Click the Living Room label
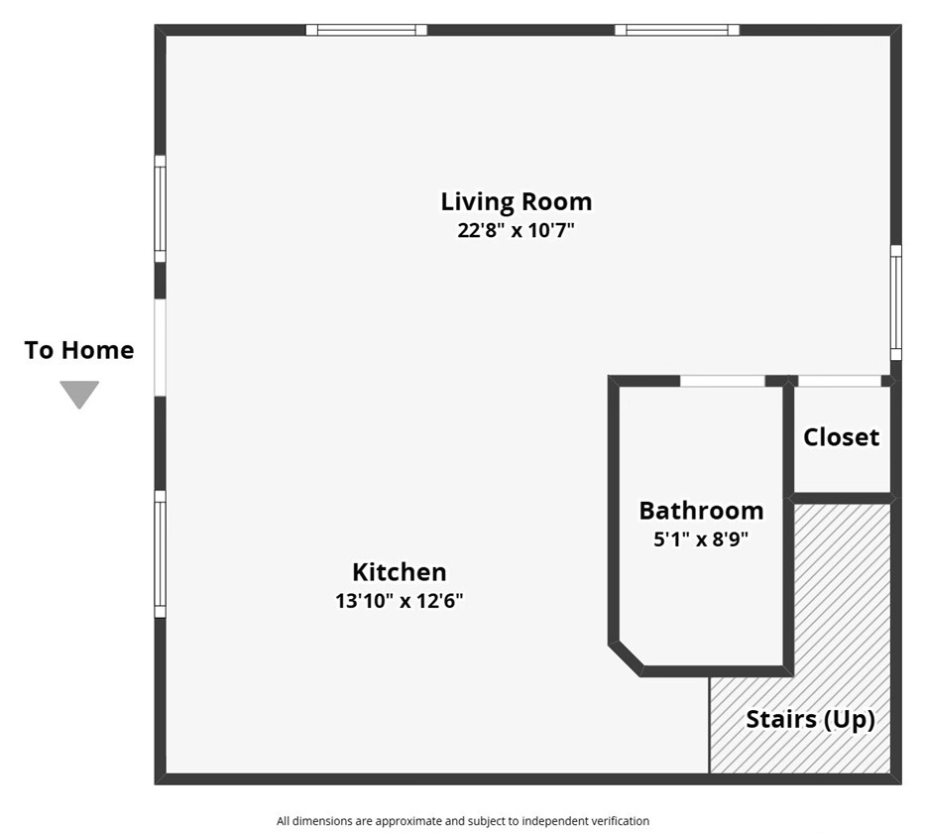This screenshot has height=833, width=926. (x=517, y=202)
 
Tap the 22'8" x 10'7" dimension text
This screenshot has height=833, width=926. (x=517, y=230)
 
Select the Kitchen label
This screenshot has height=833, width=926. (x=400, y=572)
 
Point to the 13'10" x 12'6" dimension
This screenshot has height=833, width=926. (x=400, y=601)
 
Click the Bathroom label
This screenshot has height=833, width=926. (x=701, y=511)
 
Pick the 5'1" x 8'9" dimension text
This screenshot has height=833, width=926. (x=701, y=538)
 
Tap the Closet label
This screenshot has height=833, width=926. (x=841, y=437)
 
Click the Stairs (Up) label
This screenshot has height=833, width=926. (x=810, y=720)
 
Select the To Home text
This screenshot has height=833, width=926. (x=79, y=350)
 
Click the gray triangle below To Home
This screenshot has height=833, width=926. (x=79, y=394)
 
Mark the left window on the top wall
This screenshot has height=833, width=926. (x=366, y=30)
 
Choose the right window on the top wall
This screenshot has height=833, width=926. (x=677, y=30)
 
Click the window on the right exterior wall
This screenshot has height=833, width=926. (x=896, y=302)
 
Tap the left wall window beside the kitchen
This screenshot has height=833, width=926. (x=160, y=554)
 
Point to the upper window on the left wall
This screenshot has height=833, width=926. (x=160, y=208)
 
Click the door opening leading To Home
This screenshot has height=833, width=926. (x=160, y=347)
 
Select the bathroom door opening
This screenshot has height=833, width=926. (x=723, y=381)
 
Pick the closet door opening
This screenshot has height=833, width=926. (x=839, y=381)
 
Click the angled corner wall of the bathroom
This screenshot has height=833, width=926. (x=626, y=658)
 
